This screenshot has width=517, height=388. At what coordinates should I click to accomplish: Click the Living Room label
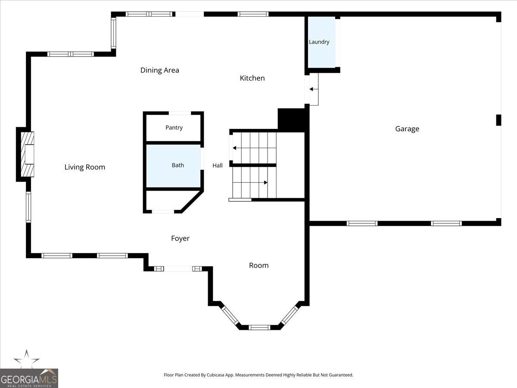tap(85, 167)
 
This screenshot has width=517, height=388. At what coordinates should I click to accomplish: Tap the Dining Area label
tap(160, 70)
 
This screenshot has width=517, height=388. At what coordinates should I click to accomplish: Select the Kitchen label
tap(252, 78)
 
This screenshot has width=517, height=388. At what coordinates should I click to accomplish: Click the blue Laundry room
tap(322, 42)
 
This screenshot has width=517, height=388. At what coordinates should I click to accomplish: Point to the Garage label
tap(407, 129)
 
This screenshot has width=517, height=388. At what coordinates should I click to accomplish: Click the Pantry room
tap(173, 128)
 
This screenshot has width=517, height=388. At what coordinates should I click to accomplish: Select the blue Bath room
tap(173, 166)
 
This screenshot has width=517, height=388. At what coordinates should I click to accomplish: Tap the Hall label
tap(218, 166)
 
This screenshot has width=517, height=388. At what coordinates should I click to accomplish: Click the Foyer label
tap(180, 238)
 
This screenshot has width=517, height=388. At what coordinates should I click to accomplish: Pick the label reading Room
tap(258, 266)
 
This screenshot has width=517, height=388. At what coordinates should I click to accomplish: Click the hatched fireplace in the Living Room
tap(27, 154)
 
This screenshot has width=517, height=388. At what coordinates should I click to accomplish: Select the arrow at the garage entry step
tap(314, 89)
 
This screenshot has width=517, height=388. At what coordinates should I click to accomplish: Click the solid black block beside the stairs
tap(293, 120)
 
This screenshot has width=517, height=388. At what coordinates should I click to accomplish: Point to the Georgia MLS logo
tap(29, 379)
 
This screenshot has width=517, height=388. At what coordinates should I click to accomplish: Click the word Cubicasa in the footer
tap(215, 375)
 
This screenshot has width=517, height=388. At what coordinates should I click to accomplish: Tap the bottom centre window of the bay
tap(259, 327)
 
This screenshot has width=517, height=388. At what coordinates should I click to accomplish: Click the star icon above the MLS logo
tap(26, 359)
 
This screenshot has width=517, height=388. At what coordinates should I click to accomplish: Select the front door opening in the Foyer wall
tap(178, 269)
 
